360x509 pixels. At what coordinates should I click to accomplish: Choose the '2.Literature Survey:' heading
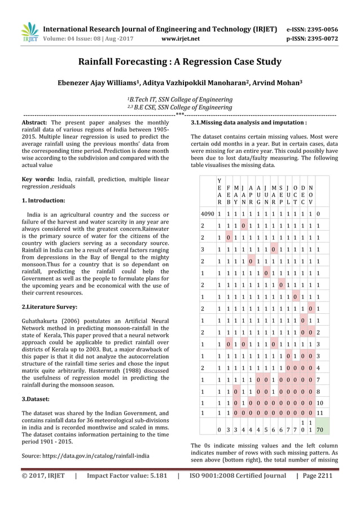click(x=49, y=307)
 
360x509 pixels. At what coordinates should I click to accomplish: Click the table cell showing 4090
click(x=208, y=214)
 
